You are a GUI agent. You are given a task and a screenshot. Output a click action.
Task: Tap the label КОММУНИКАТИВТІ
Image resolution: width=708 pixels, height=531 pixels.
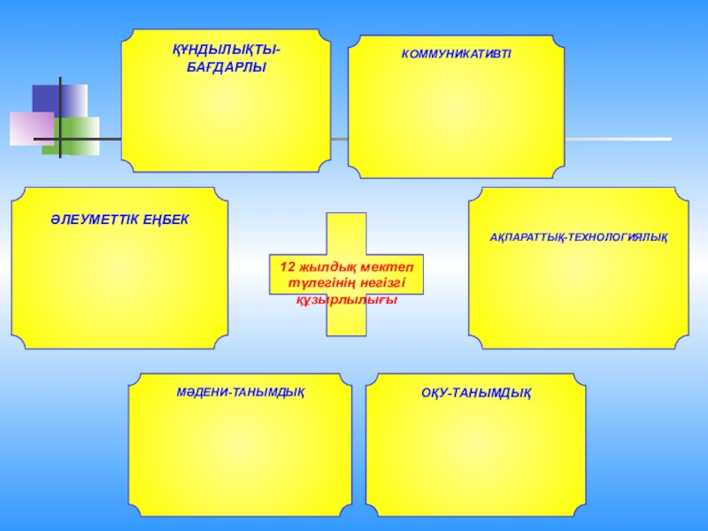tap(456, 55)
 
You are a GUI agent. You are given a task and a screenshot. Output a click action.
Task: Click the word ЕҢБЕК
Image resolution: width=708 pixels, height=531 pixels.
tap(166, 219)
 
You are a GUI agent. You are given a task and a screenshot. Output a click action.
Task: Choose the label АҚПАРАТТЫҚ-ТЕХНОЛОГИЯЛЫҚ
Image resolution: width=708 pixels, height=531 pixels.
tap(579, 238)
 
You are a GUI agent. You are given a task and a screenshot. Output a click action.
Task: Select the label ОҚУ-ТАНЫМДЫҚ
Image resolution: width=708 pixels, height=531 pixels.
tap(476, 391)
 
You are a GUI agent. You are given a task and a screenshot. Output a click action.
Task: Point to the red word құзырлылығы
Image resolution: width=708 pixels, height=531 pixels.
tap(346, 299)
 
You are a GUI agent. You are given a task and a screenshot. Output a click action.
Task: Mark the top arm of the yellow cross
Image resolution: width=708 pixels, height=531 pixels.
tap(346, 232)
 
